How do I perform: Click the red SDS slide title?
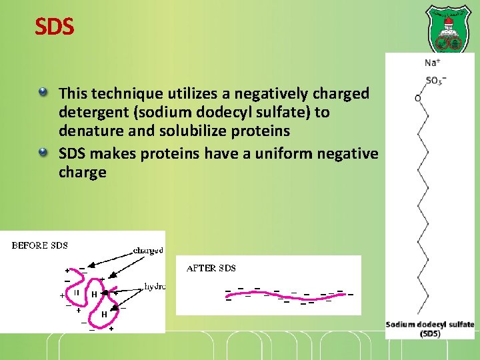click(x=55, y=27)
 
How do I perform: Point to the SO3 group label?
click(x=435, y=81)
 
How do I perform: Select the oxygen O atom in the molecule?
click(x=418, y=99)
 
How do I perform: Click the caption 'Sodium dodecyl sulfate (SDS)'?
click(x=430, y=329)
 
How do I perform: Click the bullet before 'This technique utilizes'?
click(x=43, y=89)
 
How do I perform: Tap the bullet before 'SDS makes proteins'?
click(x=43, y=153)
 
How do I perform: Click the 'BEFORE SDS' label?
click(x=40, y=245)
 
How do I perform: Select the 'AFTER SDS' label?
click(x=211, y=268)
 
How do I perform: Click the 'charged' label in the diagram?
click(x=148, y=250)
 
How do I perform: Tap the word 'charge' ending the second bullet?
click(x=83, y=173)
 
